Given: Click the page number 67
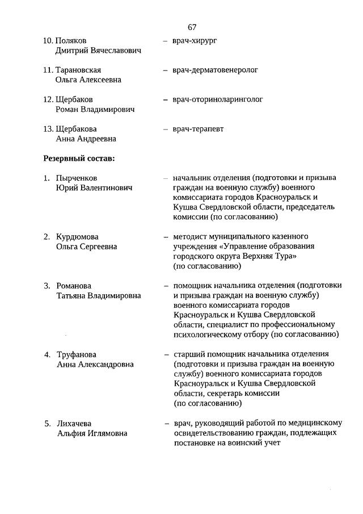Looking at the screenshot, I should [192, 27].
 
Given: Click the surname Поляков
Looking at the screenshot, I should [71, 41].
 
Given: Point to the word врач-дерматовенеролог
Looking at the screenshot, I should [216, 70].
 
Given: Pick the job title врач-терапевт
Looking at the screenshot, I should [199, 129].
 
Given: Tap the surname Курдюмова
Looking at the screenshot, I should [78, 237].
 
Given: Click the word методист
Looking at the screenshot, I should [191, 236].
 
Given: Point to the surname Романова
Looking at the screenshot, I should [74, 286].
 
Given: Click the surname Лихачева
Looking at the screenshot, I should [74, 424].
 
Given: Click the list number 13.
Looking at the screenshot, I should [48, 129].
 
